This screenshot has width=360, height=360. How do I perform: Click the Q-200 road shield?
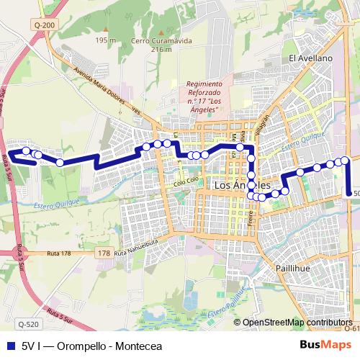click(x=43, y=25)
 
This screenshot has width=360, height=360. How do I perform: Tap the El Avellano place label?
click(x=310, y=58)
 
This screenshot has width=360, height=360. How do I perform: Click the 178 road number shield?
click(x=104, y=253)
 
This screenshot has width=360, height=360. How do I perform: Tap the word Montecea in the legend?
click(x=138, y=344)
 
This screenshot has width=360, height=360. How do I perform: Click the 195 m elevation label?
click(x=105, y=40)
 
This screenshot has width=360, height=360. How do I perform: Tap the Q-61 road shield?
click(x=352, y=328)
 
